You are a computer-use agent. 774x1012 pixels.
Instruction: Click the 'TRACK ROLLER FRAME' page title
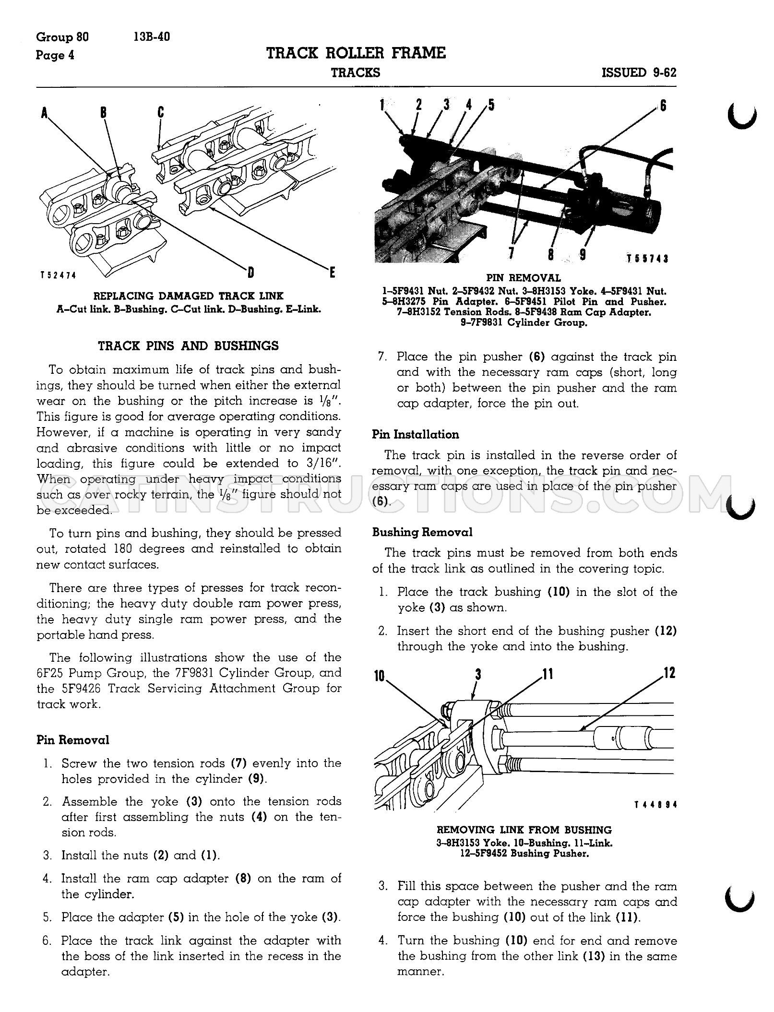point(356,53)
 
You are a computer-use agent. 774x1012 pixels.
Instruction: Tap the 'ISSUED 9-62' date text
point(639,73)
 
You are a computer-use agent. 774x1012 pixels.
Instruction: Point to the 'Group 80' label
point(62,37)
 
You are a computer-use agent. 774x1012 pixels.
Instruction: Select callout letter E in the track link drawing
point(332,274)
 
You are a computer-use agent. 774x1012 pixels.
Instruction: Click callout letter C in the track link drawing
point(160,112)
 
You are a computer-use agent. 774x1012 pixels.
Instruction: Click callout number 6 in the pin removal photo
point(663,105)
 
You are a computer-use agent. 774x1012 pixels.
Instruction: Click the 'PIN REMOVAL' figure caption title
point(524,278)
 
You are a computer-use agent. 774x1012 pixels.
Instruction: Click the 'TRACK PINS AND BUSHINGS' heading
point(189,346)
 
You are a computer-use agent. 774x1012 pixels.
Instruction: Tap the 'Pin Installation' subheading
point(416,435)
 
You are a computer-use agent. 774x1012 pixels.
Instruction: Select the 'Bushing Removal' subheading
point(422,532)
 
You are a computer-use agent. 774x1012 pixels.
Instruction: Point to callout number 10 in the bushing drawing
point(380,676)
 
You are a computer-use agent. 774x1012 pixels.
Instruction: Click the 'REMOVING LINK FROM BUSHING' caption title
point(524,830)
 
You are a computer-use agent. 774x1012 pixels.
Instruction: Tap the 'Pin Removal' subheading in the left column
point(73,740)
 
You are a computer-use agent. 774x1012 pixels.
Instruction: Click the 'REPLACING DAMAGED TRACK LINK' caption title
point(189,296)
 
